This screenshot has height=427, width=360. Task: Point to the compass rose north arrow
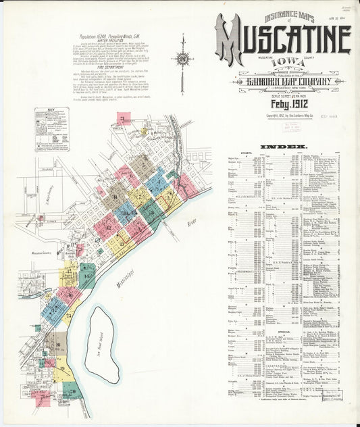[x=182, y=59]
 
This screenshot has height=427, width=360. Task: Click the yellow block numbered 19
[x=62, y=370]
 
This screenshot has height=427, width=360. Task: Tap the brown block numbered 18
[x=58, y=345]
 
